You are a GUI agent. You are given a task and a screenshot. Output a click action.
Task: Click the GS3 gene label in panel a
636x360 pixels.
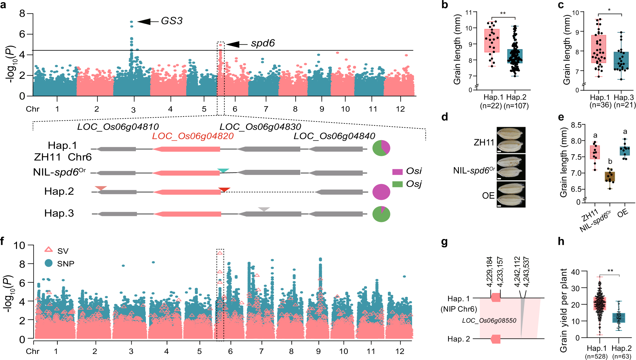(x=172, y=21)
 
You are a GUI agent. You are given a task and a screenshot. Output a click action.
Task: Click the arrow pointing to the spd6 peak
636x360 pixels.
(x=237, y=45)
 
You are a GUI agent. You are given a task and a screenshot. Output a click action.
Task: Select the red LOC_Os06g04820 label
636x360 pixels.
(x=193, y=136)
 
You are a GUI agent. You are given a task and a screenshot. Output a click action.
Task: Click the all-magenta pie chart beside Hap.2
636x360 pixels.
(x=381, y=192)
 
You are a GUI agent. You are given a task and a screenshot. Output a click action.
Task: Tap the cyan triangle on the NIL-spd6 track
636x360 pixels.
(x=223, y=171)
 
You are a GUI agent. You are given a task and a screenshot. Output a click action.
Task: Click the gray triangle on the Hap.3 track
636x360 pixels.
(x=264, y=209)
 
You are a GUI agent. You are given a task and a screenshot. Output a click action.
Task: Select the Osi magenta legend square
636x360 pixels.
(x=397, y=172)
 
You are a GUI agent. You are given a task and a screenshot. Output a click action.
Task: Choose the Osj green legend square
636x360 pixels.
(x=397, y=184)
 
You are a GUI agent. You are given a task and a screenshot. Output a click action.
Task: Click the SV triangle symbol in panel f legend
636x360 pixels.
(x=49, y=250)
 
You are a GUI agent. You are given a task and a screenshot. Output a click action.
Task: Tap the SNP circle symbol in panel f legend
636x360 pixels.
(x=49, y=263)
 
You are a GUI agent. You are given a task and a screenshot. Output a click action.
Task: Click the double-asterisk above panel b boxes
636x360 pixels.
(x=503, y=13)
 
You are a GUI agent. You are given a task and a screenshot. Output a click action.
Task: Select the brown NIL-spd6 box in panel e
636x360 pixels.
(x=610, y=177)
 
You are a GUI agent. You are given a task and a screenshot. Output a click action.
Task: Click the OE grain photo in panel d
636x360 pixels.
(x=511, y=194)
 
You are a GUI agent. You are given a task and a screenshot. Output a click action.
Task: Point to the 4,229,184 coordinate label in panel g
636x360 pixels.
(x=489, y=272)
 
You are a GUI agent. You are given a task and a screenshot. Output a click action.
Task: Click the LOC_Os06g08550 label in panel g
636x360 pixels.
(x=489, y=321)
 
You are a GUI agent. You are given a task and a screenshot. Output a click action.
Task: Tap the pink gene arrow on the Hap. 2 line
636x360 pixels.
(x=495, y=339)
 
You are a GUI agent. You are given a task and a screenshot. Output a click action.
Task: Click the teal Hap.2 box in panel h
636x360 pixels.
(x=619, y=318)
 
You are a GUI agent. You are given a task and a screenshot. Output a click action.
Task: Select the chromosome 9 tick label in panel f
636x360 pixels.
(x=318, y=351)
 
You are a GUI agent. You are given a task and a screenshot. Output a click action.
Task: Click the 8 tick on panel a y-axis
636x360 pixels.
(x=22, y=14)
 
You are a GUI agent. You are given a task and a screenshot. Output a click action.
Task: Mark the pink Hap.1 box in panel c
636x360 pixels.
(x=598, y=49)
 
